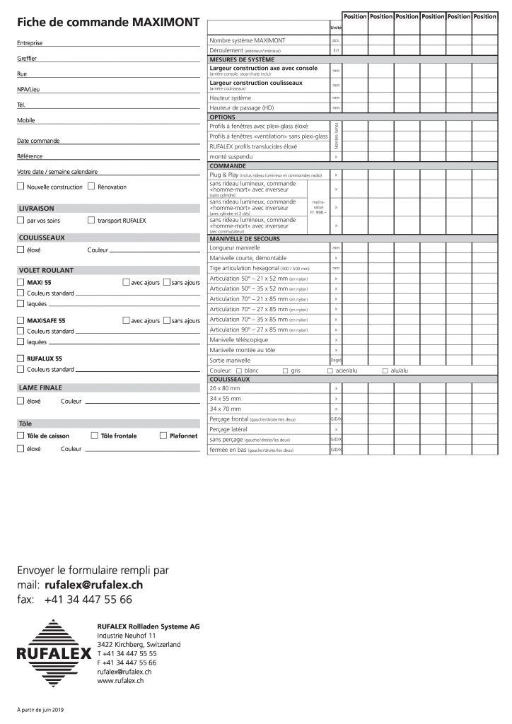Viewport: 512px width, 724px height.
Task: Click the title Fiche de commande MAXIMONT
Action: point(107,23)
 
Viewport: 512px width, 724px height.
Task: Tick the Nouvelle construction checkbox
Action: point(20,187)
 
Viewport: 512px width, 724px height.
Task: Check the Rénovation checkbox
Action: point(91,187)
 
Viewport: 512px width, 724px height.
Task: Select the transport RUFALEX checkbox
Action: point(91,221)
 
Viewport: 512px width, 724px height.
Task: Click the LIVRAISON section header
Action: point(37,209)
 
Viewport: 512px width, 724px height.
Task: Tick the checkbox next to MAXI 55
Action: point(20,282)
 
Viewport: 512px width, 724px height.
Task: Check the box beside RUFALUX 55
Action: point(20,358)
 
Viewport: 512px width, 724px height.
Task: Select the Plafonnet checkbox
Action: point(163,436)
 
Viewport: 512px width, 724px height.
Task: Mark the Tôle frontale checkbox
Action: point(95,436)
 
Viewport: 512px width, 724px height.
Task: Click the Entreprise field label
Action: point(30,44)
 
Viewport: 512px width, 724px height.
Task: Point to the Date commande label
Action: point(38,141)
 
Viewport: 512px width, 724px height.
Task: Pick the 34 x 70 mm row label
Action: point(226,409)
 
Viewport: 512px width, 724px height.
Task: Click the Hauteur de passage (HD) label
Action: point(241,107)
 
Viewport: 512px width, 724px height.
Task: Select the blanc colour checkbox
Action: point(239,370)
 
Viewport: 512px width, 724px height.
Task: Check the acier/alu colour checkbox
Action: point(330,370)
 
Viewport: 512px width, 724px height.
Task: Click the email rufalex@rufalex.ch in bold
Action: point(93,585)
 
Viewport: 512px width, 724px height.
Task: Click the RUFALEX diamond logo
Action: point(54,651)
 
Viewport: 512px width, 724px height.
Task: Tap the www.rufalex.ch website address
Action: point(120,680)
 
